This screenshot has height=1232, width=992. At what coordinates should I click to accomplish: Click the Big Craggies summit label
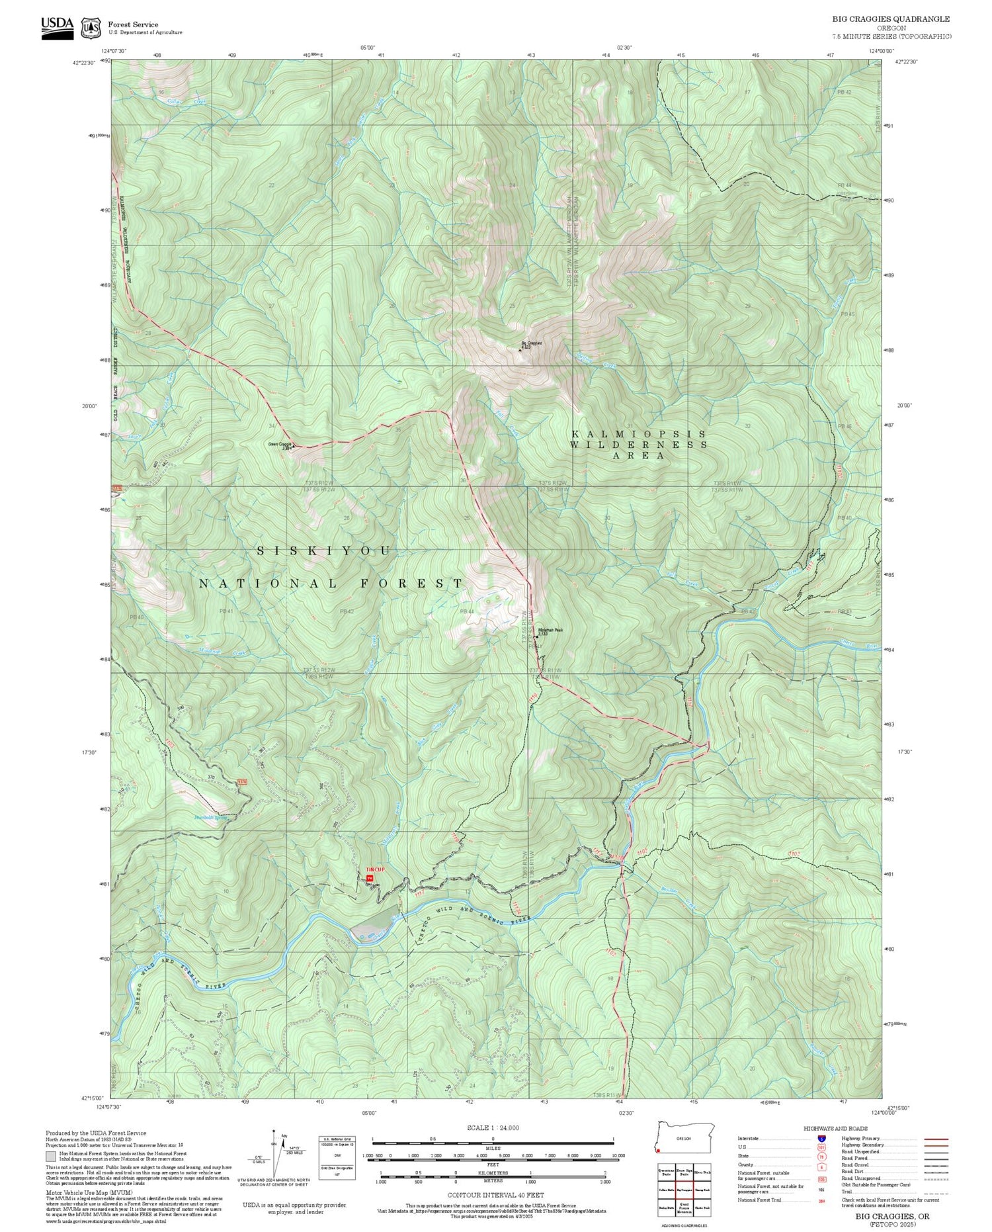click(x=531, y=344)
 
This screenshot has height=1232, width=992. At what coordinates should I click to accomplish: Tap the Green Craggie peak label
click(x=280, y=445)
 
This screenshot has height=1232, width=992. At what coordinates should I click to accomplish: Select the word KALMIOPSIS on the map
click(x=638, y=434)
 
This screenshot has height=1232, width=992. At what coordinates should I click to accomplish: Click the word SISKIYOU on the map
click(x=323, y=550)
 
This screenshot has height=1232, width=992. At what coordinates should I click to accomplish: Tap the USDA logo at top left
click(x=58, y=27)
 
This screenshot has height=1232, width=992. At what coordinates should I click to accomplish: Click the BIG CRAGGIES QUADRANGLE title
click(x=891, y=19)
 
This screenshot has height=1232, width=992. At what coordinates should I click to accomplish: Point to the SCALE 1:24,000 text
click(x=493, y=1128)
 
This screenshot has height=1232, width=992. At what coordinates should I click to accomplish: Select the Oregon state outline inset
click(x=683, y=1137)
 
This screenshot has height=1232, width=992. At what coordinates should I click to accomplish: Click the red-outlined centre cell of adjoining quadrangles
click(x=684, y=1189)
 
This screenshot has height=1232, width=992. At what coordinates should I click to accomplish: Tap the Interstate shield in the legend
click(x=821, y=1138)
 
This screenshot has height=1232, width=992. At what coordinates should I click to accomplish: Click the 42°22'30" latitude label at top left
click(x=84, y=62)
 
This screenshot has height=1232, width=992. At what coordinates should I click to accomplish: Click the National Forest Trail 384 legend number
click(x=821, y=1200)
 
